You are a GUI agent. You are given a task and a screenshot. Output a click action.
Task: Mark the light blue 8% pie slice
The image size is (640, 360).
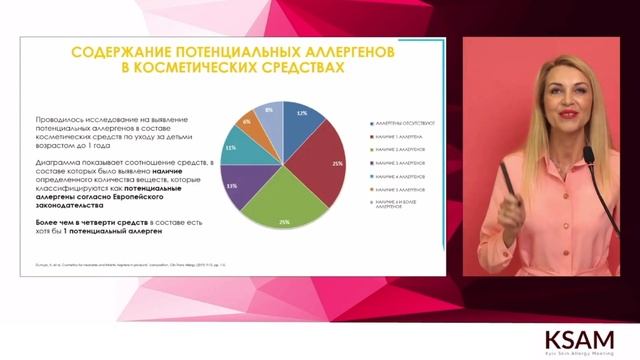(x=270, y=113)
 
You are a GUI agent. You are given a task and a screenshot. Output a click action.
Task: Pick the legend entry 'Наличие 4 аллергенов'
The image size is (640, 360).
(x=400, y=174)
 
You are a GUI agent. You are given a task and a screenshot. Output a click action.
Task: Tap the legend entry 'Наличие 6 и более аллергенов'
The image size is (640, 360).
(x=399, y=204)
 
